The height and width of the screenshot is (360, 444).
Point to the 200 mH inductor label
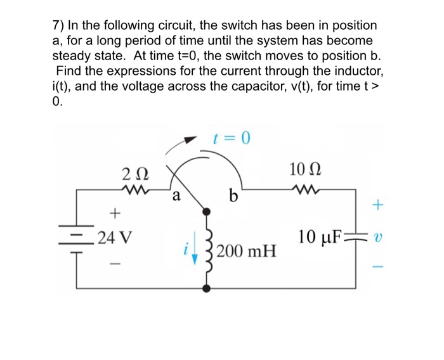coord(246,254)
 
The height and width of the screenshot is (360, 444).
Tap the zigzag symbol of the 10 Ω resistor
coord(304,188)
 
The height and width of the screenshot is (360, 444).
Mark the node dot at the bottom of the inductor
coord(206,289)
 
